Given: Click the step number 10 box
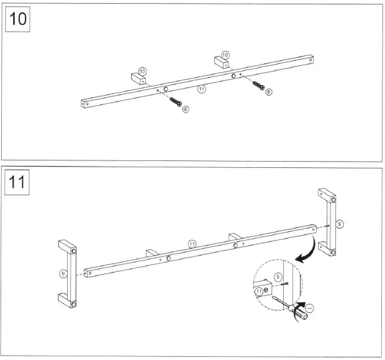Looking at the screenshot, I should (19, 19).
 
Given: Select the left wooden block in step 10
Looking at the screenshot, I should (137, 79).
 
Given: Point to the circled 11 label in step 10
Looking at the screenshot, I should (201, 90).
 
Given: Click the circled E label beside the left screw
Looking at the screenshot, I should (186, 109).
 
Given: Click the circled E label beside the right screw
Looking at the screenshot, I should (268, 92).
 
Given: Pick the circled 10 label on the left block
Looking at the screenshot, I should (142, 72).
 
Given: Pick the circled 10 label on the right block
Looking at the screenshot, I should (225, 55).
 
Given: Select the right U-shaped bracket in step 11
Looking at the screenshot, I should (328, 222).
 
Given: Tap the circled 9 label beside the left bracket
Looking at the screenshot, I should (63, 272).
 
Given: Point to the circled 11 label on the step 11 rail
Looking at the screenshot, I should (192, 243).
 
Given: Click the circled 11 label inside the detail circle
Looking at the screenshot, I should (259, 291).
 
